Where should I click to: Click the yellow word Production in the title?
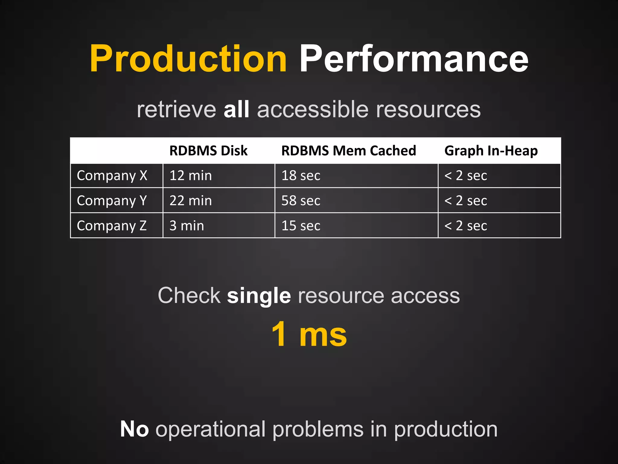[x=188, y=59]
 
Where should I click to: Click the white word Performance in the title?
[x=414, y=59]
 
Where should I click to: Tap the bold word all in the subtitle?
[x=236, y=109]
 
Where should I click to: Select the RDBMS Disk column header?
[x=208, y=150]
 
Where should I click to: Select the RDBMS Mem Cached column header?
[x=349, y=150]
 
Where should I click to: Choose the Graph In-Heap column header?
[x=491, y=151]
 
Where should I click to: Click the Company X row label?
[x=112, y=176]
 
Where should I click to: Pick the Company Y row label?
[x=112, y=201]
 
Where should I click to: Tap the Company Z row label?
[x=112, y=226]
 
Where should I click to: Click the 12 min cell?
[x=191, y=176]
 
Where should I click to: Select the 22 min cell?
[x=191, y=201]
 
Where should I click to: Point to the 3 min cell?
[x=187, y=226]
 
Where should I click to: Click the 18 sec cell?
[x=301, y=176]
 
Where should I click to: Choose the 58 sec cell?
[x=301, y=201]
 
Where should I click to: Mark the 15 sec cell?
[x=301, y=226]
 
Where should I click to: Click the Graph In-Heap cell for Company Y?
[x=466, y=201]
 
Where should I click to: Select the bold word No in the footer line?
[x=134, y=429]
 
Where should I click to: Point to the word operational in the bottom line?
[x=210, y=430]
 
